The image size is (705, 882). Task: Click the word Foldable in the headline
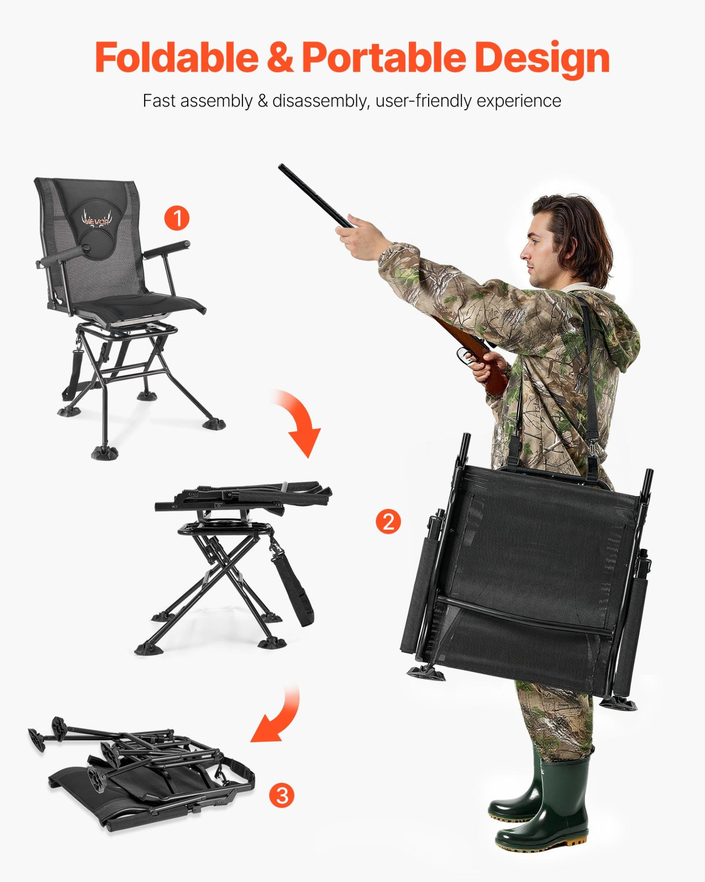click(177, 57)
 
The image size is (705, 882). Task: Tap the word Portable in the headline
click(384, 57)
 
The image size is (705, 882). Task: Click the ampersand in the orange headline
click(280, 57)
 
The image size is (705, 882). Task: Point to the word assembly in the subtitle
click(216, 101)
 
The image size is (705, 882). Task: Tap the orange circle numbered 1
click(177, 218)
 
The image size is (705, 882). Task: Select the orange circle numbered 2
click(388, 522)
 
